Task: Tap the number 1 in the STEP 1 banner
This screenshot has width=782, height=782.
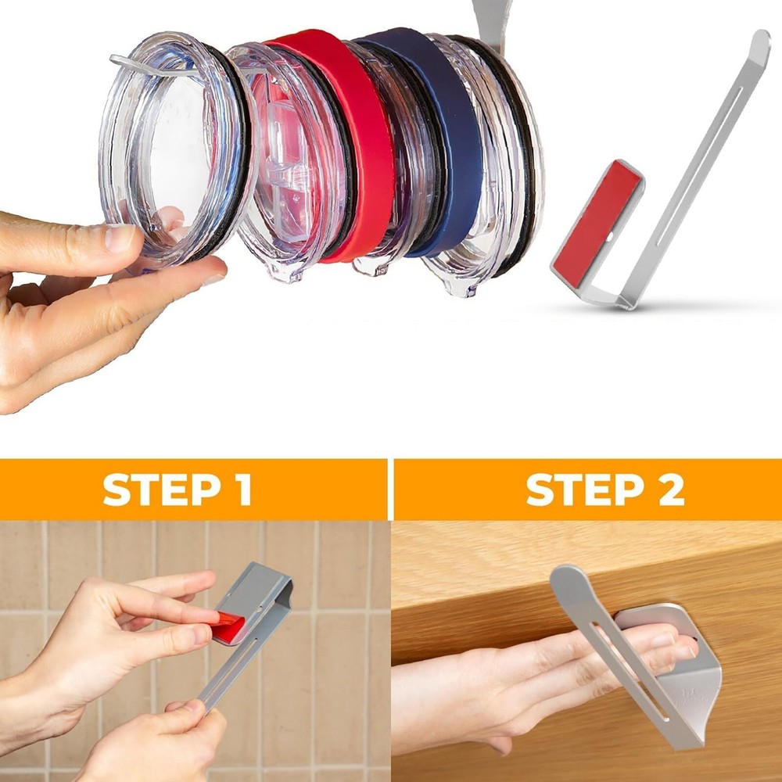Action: (240, 490)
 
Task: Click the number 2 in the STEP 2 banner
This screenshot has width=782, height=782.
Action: (670, 490)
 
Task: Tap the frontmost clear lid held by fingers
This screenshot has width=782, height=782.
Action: (172, 149)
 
